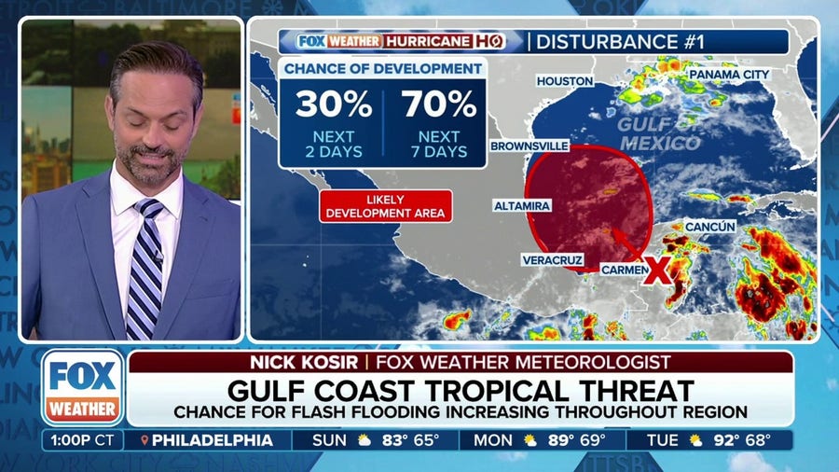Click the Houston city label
tap(565, 81)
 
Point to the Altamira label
tap(522, 204)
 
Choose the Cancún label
tap(710, 226)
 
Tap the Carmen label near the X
tap(622, 269)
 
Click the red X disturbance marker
tap(656, 270)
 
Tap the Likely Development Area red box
tap(385, 206)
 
